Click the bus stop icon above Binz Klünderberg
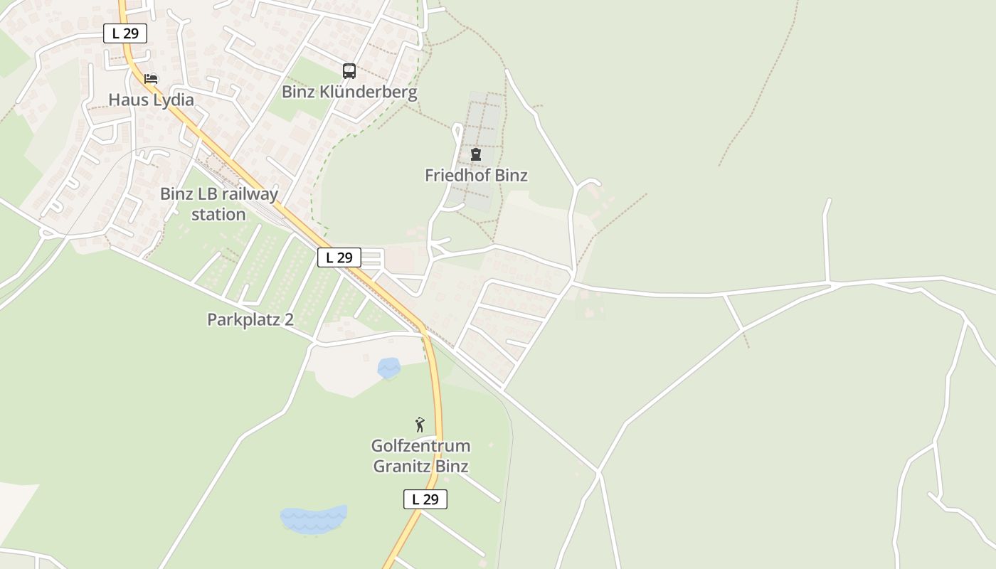pyautogui.click(x=349, y=71)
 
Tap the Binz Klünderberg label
pyautogui.click(x=349, y=92)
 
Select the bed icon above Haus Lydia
pyautogui.click(x=151, y=78)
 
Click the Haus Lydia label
pyautogui.click(x=151, y=100)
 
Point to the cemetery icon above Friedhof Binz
pyautogui.click(x=475, y=154)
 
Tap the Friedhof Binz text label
pyautogui.click(x=476, y=175)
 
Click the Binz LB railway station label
pyautogui.click(x=218, y=203)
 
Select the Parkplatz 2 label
pyautogui.click(x=250, y=319)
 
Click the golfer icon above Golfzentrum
pyautogui.click(x=420, y=425)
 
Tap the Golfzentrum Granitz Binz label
pyautogui.click(x=420, y=456)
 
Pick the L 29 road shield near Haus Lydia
pyautogui.click(x=125, y=33)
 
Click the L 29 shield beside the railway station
pyautogui.click(x=339, y=257)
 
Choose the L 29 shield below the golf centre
pyautogui.click(x=425, y=499)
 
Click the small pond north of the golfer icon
pyautogui.click(x=388, y=368)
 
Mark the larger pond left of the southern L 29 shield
pyautogui.click(x=313, y=519)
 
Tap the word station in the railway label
pyautogui.click(x=218, y=214)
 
